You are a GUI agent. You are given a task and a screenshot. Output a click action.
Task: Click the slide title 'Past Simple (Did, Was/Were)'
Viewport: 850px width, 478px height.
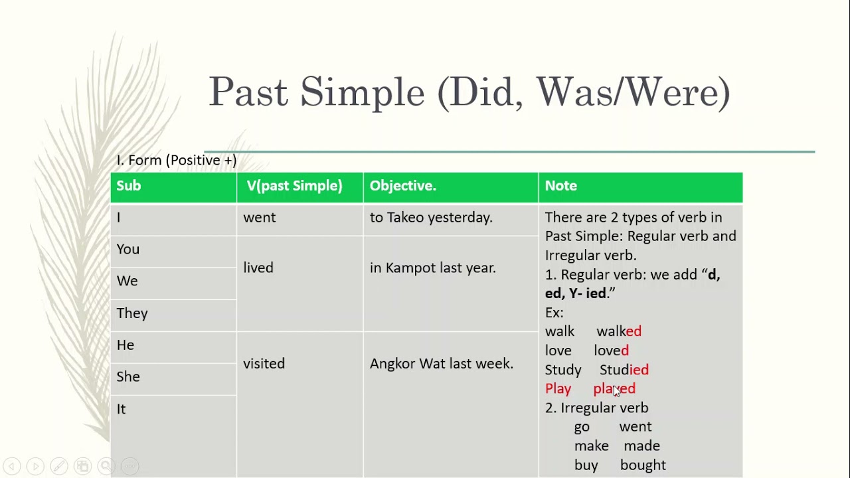pos(469,92)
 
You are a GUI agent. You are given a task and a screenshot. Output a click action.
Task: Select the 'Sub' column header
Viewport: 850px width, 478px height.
pos(129,186)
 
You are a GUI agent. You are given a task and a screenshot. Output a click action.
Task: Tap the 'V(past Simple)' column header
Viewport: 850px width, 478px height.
pos(295,186)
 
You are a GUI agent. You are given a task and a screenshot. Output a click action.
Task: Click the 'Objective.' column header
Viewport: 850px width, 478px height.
pos(403,186)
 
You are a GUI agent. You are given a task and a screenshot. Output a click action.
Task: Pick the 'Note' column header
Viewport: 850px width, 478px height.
pos(561,186)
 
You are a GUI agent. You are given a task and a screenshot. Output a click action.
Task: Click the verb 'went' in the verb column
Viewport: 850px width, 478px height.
pos(260,217)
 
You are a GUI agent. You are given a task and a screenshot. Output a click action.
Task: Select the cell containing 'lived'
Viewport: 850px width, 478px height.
pos(258,268)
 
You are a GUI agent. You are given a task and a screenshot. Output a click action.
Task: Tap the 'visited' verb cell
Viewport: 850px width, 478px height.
pos(264,364)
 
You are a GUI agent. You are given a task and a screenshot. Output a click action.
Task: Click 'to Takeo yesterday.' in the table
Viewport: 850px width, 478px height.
pos(431,217)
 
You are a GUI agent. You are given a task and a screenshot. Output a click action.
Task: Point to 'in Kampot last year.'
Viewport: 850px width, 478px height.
pos(433,268)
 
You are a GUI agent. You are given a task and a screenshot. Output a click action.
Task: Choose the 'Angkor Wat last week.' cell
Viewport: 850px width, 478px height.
pos(442,364)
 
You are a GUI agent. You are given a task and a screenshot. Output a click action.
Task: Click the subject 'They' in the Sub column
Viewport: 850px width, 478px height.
pos(132,313)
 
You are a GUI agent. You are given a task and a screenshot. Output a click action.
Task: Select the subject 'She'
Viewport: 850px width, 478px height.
pos(128,376)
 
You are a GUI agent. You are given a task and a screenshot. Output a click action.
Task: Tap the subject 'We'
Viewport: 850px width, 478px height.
pos(127,281)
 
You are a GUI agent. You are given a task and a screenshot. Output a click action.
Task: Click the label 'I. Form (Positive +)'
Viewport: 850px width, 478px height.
pos(177,160)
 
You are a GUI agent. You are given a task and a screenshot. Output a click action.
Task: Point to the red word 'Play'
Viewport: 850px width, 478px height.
pos(558,388)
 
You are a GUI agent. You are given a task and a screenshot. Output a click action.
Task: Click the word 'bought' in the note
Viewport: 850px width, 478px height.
pos(643,465)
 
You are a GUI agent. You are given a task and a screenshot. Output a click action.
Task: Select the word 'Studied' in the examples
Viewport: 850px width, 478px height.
pos(624,370)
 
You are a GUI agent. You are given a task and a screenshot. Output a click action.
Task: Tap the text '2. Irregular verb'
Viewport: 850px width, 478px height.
pos(596,408)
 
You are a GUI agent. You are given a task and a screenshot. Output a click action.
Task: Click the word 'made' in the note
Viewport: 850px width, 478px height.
pos(641,446)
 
